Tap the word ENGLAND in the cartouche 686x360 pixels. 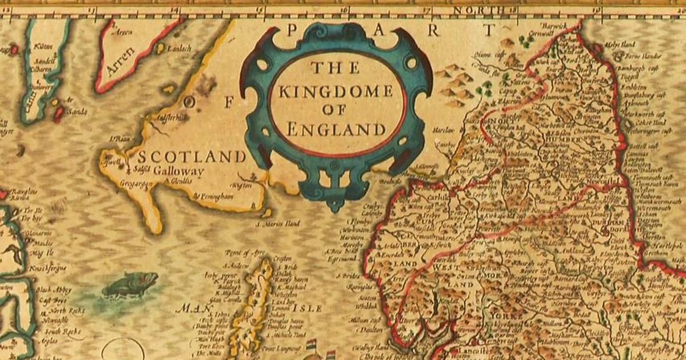pyautogui.click(x=336, y=129)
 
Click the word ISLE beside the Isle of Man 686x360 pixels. pyautogui.click(x=308, y=308)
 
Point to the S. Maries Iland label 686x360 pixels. pyautogui.click(x=278, y=223)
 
